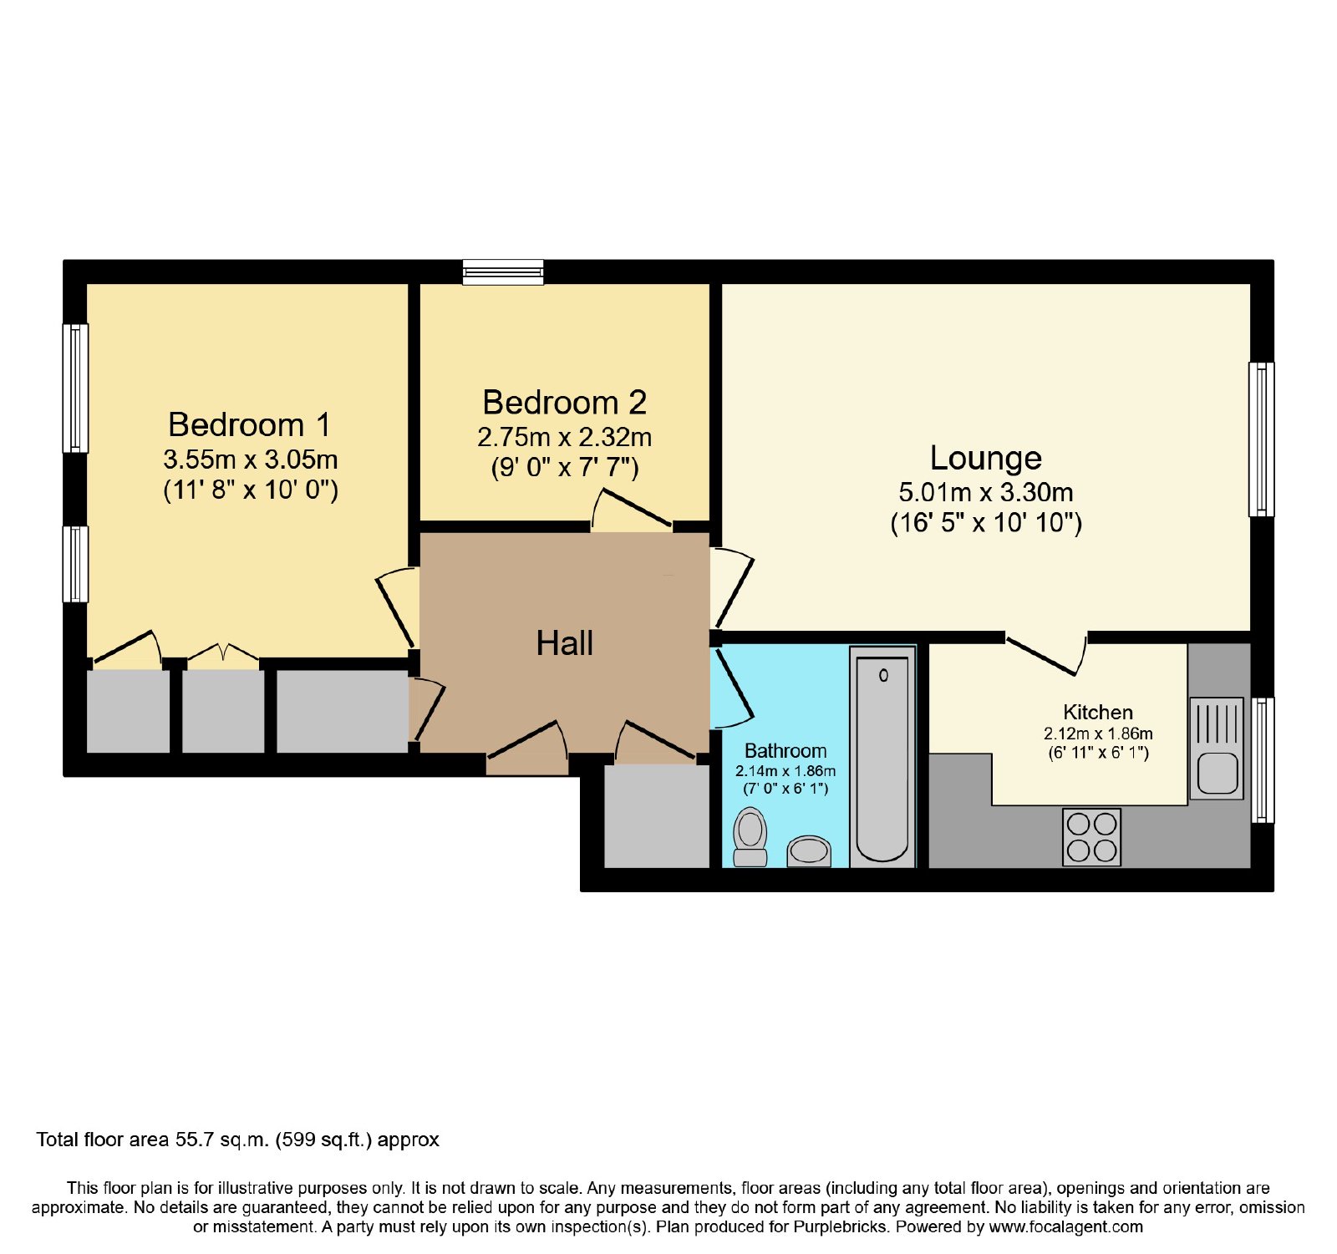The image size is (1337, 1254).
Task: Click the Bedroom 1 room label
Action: [249, 424]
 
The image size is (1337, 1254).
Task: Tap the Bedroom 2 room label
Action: [564, 403]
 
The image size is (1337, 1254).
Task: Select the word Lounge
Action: [986, 459]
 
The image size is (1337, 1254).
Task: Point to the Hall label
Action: [565, 643]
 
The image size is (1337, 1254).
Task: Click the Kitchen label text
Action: [1098, 713]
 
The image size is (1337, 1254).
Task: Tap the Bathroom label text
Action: [785, 751]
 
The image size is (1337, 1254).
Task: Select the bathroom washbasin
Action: [809, 851]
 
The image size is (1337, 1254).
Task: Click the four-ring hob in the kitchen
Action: [1091, 837]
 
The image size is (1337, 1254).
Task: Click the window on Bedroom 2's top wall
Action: [504, 272]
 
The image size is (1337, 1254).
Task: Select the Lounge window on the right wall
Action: [1261, 439]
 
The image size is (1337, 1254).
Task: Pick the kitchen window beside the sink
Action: [1262, 760]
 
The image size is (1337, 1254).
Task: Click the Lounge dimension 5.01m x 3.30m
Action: [986, 493]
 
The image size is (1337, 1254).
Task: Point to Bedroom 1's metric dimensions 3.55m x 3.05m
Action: [251, 459]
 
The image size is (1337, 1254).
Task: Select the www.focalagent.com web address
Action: [1066, 1227]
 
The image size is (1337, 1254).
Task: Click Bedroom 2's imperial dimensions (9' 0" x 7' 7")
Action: [565, 467]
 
